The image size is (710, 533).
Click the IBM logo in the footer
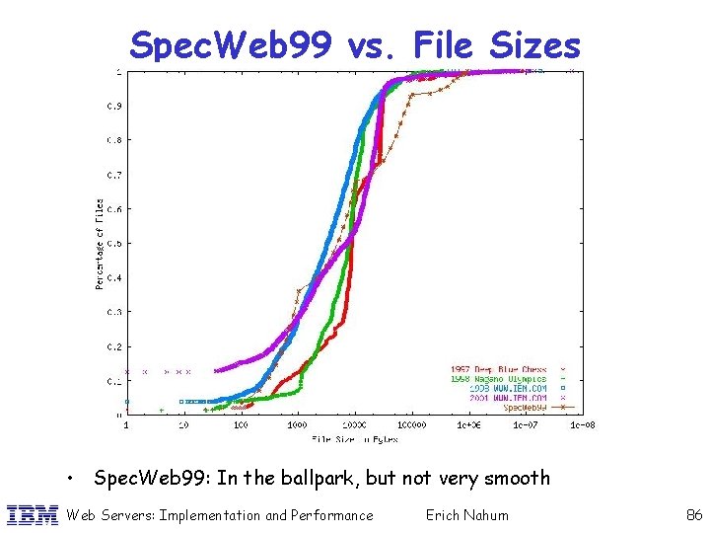click(33, 514)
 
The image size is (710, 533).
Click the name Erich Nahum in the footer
click(466, 514)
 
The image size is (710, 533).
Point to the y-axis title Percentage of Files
click(99, 243)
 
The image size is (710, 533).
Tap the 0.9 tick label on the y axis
click(114, 106)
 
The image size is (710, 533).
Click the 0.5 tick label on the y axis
click(114, 243)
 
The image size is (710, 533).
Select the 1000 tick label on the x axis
click(296, 425)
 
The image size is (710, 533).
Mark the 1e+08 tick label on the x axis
click(582, 425)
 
